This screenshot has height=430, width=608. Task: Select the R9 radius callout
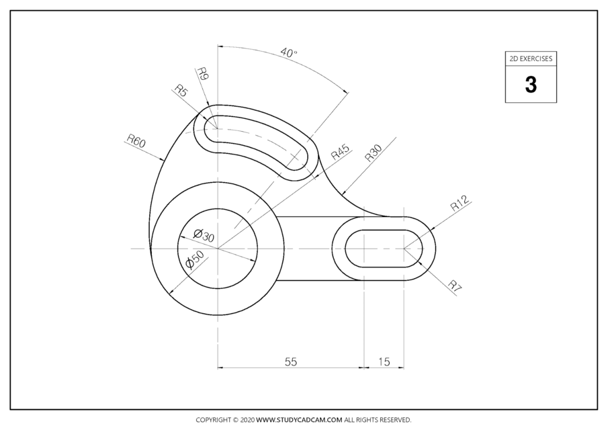click(204, 75)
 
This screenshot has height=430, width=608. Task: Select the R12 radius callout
click(462, 204)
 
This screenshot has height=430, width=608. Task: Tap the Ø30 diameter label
click(203, 235)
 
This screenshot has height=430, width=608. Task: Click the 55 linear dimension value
click(290, 361)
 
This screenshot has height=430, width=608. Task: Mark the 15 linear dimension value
click(384, 361)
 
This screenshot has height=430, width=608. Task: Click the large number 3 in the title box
click(531, 85)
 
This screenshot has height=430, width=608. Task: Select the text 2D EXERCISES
click(531, 59)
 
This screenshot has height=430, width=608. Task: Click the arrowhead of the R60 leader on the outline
click(163, 160)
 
